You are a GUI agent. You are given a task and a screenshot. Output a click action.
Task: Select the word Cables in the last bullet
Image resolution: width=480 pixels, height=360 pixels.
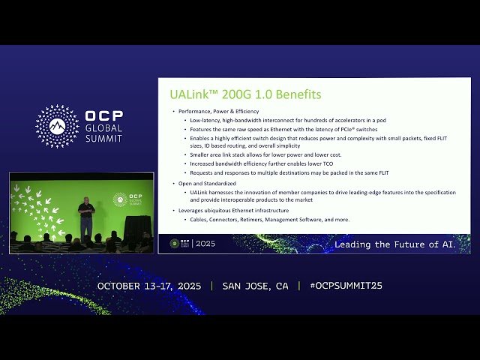pos(199,220)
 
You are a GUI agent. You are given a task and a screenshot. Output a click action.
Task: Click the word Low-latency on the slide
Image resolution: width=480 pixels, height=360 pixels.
pos(206,120)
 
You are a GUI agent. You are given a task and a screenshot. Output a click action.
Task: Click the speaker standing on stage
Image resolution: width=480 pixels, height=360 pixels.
pos(86,217)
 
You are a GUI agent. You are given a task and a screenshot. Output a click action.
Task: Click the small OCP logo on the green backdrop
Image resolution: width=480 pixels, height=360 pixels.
pos(120,199)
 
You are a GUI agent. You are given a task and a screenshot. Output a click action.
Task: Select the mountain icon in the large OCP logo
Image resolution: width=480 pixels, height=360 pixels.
pos(58,125)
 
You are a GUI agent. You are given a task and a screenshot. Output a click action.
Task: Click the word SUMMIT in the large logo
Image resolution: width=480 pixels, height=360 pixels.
pos(103,138)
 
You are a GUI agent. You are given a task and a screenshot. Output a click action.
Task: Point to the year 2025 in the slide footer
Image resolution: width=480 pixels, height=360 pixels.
pos(205,244)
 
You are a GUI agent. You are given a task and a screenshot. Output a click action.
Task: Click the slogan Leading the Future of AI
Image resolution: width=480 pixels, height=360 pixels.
pos(394,244)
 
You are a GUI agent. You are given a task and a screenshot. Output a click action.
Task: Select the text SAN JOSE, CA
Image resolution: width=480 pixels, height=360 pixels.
pos(255,286)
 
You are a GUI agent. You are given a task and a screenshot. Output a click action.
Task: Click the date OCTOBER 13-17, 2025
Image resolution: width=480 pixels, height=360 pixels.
pos(151,286)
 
